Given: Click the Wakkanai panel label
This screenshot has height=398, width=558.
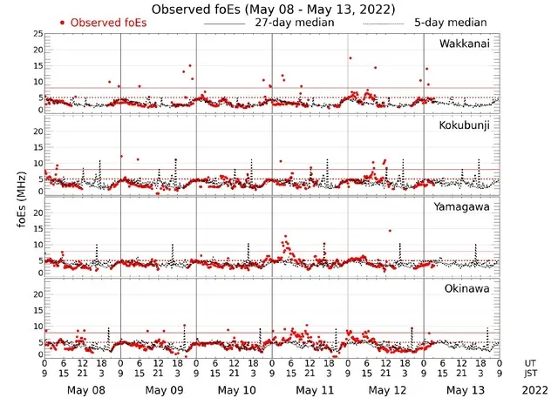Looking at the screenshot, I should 464,43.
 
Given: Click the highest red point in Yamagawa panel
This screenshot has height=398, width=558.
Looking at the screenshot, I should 390,231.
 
